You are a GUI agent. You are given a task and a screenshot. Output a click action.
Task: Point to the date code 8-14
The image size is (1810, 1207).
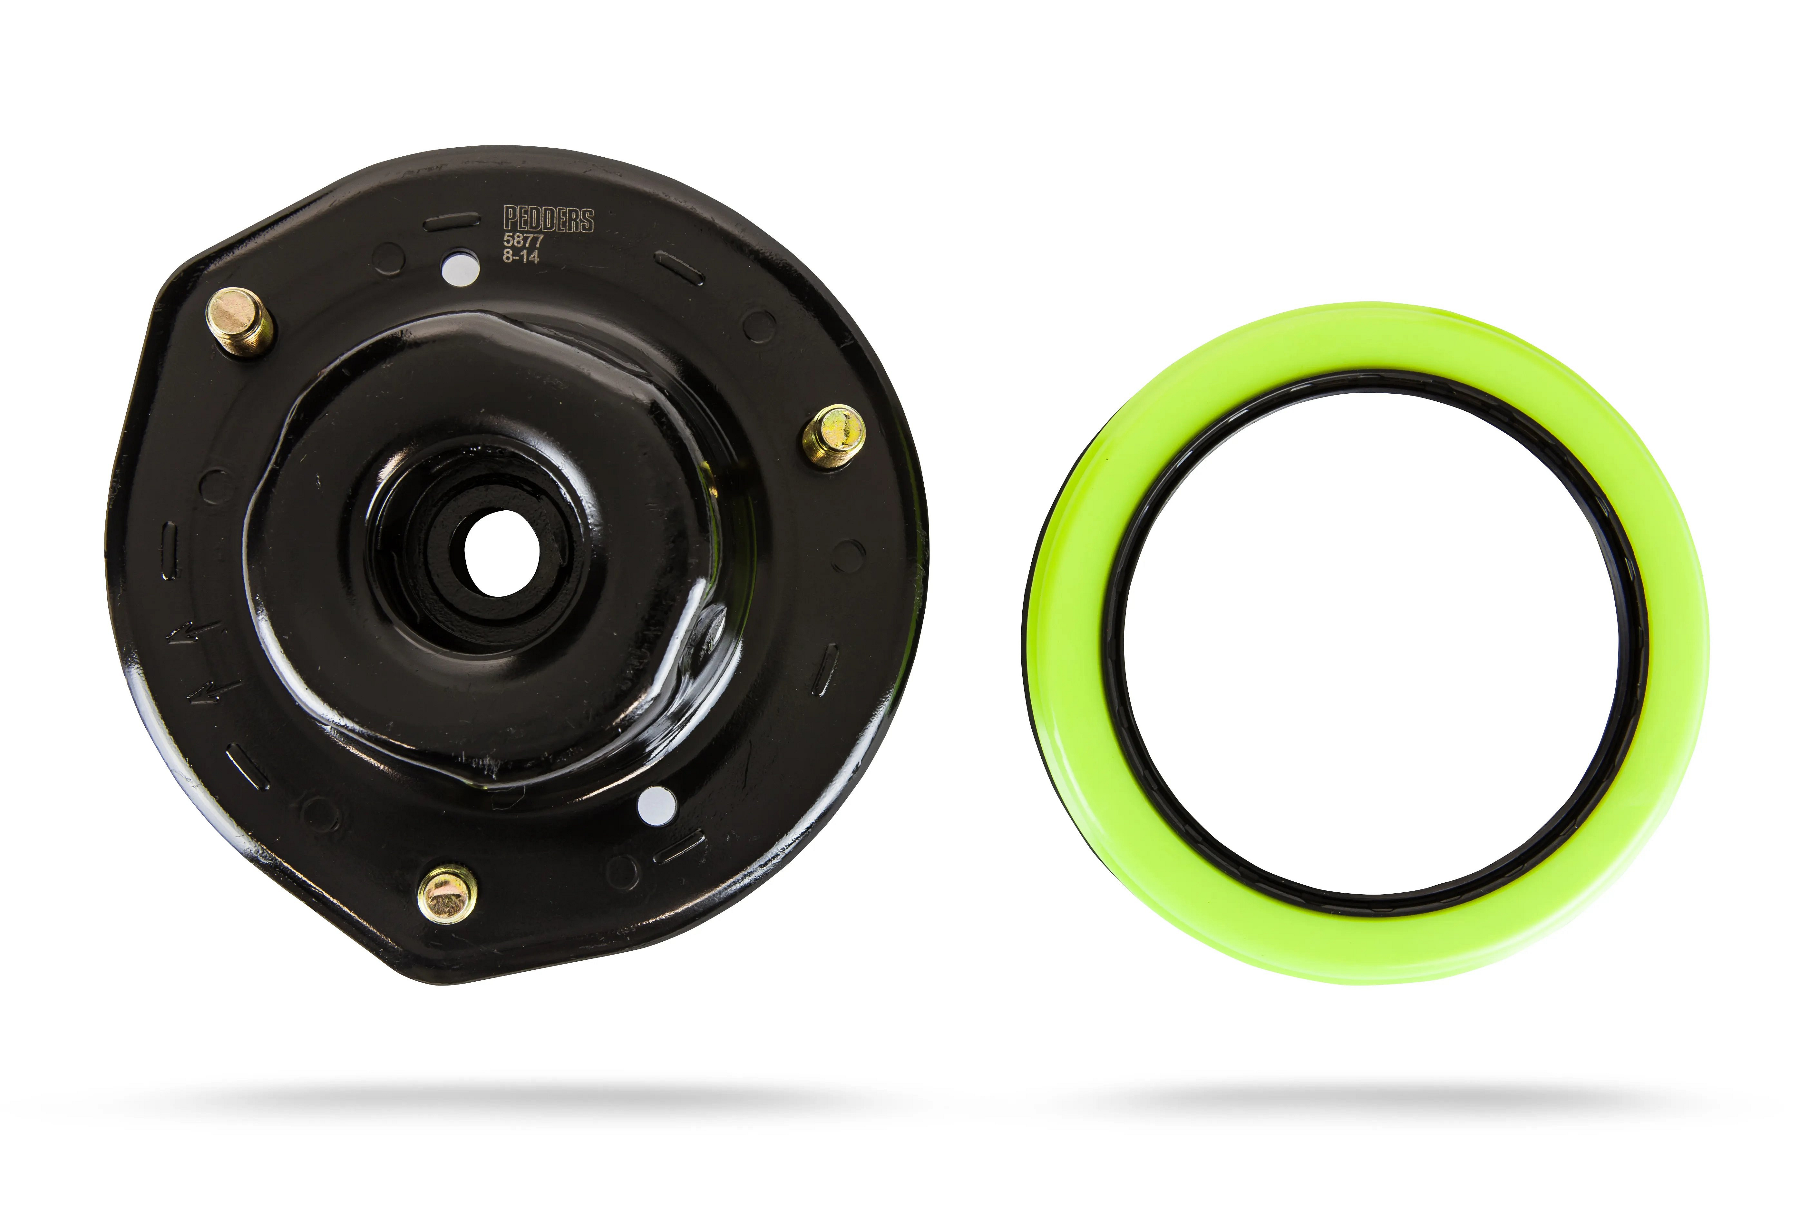(x=521, y=256)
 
